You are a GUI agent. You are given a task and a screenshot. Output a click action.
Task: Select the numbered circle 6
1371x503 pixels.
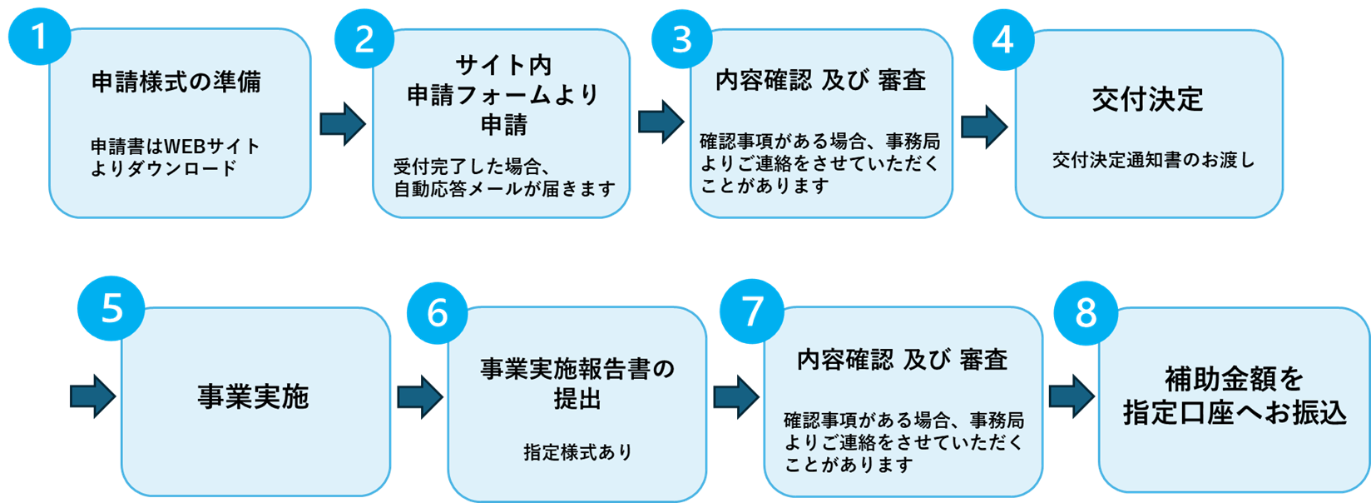coord(438,313)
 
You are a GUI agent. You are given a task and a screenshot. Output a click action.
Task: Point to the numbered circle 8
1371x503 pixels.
coord(1086,313)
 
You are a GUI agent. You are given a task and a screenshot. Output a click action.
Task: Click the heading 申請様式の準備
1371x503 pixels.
coord(176,82)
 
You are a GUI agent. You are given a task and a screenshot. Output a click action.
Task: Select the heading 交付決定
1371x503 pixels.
coord(1148,99)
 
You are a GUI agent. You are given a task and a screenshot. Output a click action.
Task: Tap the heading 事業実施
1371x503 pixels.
coord(253,397)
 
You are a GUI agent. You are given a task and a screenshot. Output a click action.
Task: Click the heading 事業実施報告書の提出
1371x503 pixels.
coord(577,384)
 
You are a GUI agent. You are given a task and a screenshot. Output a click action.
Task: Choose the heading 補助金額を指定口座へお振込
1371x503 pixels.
coord(1235,396)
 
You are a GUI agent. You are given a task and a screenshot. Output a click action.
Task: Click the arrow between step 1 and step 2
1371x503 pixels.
coord(342,124)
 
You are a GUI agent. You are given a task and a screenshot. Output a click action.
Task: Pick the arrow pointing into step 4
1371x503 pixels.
coord(984,126)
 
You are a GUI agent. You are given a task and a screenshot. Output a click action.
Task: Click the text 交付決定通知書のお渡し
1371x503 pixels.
coord(1153,161)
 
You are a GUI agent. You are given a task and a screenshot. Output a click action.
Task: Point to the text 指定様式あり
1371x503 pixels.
coord(577,452)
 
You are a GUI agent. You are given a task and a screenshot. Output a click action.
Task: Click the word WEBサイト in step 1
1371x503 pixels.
coord(212,147)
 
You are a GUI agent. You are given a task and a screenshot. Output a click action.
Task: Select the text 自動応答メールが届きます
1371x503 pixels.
coord(504,189)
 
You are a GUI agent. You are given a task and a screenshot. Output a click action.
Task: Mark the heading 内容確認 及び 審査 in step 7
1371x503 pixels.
coord(902,360)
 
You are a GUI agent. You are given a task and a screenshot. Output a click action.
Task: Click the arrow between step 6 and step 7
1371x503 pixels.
coord(735,396)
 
